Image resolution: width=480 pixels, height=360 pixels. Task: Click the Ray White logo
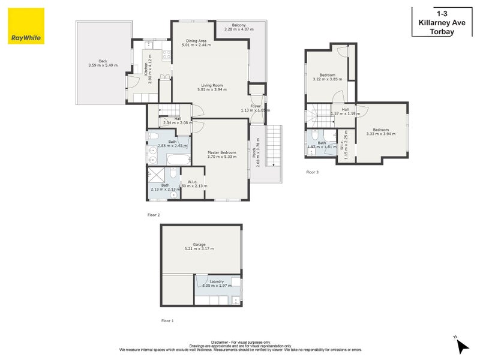(26, 26)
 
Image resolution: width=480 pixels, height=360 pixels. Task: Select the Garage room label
(199, 244)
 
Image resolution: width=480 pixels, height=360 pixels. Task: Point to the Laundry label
(217, 281)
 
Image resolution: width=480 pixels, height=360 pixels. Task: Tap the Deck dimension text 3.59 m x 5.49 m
(103, 65)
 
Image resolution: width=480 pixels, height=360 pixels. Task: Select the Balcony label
(235, 25)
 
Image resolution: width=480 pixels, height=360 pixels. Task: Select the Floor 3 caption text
(312, 172)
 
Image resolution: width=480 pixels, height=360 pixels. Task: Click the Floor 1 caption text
(167, 321)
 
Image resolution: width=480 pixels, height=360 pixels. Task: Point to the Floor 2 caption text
(154, 215)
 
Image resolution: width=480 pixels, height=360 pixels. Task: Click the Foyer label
(256, 106)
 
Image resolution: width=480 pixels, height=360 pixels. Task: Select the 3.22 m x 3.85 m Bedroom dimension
(327, 79)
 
